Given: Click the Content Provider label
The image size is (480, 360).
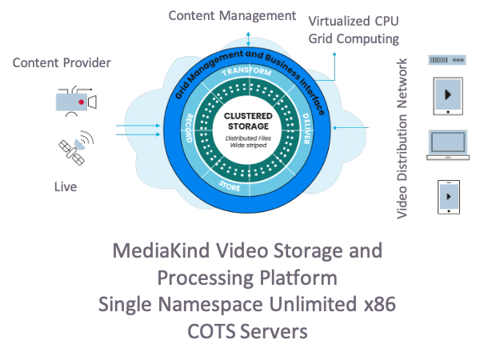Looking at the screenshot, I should coord(62,63).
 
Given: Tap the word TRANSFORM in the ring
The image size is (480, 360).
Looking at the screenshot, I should coord(247,73).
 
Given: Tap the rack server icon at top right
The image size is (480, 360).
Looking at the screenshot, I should coord(446,59).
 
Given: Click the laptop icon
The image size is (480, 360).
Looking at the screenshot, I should coord(446,144).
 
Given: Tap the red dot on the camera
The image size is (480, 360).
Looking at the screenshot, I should coord(81,103).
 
